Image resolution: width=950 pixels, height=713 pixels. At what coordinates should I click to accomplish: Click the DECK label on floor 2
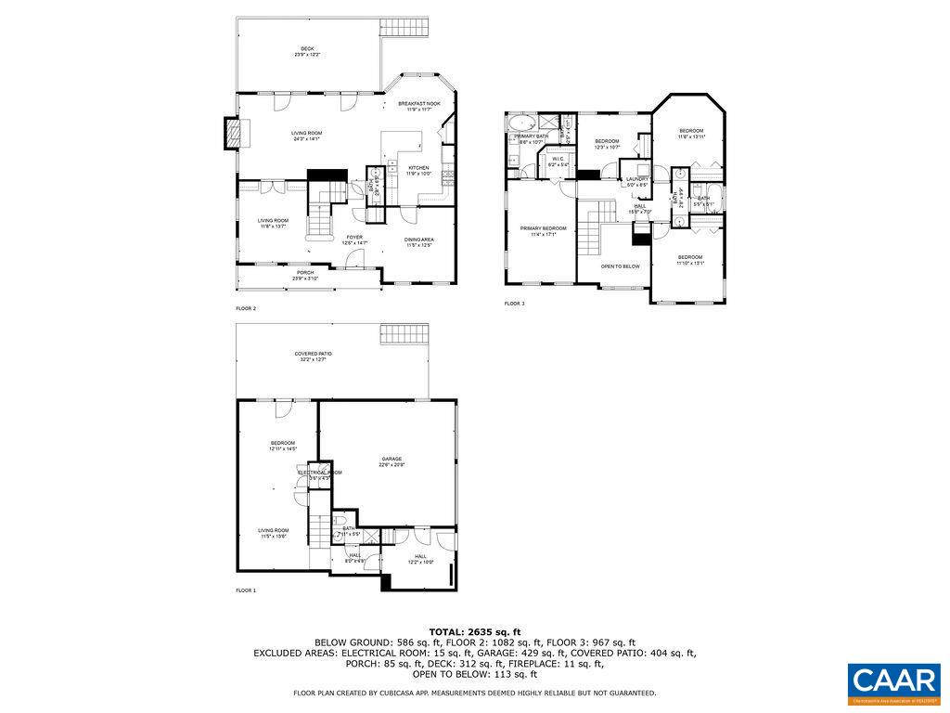pyautogui.click(x=306, y=49)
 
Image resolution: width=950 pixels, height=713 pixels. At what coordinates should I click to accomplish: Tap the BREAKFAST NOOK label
pyautogui.click(x=419, y=103)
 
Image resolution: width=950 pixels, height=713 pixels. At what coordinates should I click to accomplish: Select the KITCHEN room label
pyautogui.click(x=418, y=168)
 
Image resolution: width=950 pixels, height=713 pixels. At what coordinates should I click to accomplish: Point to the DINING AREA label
pyautogui.click(x=419, y=240)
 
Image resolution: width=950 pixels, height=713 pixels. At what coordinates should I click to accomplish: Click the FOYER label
pyautogui.click(x=355, y=237)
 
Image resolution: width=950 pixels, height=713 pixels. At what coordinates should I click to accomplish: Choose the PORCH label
pyautogui.click(x=305, y=273)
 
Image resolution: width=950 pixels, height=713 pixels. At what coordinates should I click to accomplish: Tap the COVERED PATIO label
pyautogui.click(x=313, y=354)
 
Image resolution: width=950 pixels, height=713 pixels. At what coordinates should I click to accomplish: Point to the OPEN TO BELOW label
pyautogui.click(x=620, y=266)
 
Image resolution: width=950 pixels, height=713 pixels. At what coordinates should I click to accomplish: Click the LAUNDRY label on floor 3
pyautogui.click(x=636, y=179)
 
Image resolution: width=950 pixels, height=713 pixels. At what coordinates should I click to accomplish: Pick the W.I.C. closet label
pyautogui.click(x=558, y=159)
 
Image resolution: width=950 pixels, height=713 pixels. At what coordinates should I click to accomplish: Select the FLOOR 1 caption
pyautogui.click(x=246, y=590)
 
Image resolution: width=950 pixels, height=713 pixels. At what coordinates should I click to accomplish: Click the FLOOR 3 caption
pyautogui.click(x=514, y=304)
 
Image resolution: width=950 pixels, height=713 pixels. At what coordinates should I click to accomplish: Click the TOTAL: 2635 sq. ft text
pyautogui.click(x=475, y=631)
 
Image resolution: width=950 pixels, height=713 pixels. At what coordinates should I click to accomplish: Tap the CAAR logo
pyautogui.click(x=894, y=681)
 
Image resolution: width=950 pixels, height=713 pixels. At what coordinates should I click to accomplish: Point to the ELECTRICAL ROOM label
pyautogui.click(x=319, y=473)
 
